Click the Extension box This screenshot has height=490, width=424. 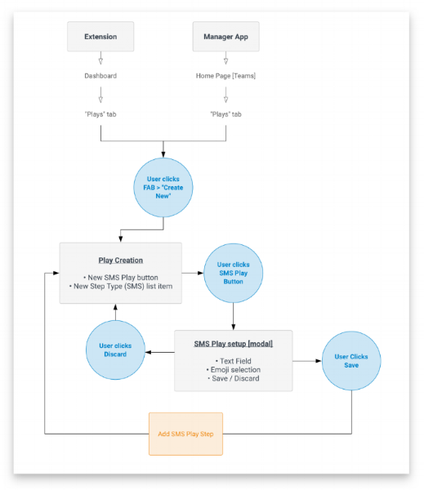point(100,37)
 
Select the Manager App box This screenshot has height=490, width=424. point(225,37)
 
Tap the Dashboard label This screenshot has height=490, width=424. point(100,76)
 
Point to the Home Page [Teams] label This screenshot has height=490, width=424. point(225,76)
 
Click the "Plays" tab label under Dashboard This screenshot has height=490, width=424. point(100,114)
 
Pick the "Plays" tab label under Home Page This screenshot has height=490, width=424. point(225,114)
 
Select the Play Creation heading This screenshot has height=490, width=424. point(120,261)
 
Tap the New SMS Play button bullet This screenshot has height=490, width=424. point(120,278)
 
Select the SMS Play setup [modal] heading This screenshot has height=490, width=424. point(234,344)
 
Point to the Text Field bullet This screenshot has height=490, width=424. point(234,361)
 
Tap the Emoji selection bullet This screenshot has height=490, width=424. point(234,371)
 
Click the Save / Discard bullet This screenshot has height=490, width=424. point(234,381)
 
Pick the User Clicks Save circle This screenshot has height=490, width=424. point(350,360)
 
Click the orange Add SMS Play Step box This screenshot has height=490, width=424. point(185,433)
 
